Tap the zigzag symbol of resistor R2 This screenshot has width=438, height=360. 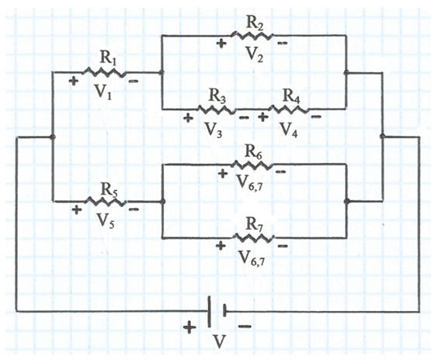252,36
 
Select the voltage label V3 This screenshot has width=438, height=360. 214,130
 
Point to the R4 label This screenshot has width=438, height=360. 292,98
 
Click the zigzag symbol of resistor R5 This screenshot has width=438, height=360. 106,202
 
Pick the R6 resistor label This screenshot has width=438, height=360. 253,153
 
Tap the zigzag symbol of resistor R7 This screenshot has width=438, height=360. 253,238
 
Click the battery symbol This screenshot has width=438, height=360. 217,311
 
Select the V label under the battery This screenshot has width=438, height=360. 220,341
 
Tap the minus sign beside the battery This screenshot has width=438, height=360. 245,326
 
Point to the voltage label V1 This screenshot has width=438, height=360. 103,92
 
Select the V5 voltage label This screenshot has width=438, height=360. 106,221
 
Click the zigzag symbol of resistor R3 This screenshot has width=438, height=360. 217,109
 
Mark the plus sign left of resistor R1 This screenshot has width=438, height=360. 74,81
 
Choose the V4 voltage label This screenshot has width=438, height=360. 289,130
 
